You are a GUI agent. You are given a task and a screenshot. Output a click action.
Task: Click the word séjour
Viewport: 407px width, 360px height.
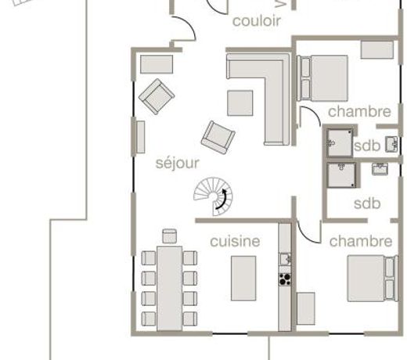coord(178,164)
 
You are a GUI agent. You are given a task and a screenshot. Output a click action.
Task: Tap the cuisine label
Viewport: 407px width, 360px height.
coord(235,241)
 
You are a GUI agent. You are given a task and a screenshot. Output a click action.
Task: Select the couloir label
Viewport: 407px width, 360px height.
coord(257,21)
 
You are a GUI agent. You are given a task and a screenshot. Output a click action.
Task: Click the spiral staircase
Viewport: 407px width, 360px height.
coord(213,196)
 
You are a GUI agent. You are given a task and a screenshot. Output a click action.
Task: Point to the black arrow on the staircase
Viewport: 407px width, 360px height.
coord(223,200)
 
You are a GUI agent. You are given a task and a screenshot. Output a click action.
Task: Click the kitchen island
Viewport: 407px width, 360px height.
coord(243,278)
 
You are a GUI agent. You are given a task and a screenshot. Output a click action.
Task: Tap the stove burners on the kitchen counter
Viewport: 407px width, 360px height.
coord(285,279)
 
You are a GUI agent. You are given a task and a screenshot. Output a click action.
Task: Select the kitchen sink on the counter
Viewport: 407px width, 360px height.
coord(285,259)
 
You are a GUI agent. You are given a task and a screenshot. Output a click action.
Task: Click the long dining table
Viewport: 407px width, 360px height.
coord(170,288)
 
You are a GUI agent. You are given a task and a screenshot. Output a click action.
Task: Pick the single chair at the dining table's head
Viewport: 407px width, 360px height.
coord(170,236)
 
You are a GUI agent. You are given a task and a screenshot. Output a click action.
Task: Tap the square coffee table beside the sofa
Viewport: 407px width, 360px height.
coord(240,103)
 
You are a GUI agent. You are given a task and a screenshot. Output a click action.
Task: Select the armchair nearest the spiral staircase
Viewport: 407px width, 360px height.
coord(218,137)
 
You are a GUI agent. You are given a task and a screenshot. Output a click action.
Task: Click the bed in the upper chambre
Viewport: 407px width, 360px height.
coord(322,78)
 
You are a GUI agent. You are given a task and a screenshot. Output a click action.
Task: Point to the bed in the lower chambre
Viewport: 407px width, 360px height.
coord(373,279)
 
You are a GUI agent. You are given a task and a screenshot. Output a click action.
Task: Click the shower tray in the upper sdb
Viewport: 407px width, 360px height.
coord(340,143)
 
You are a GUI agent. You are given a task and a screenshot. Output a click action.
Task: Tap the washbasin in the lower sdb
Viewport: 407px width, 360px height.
coord(380,169)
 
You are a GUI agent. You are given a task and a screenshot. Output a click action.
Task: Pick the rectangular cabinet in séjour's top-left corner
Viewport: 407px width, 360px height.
coord(157,64)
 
